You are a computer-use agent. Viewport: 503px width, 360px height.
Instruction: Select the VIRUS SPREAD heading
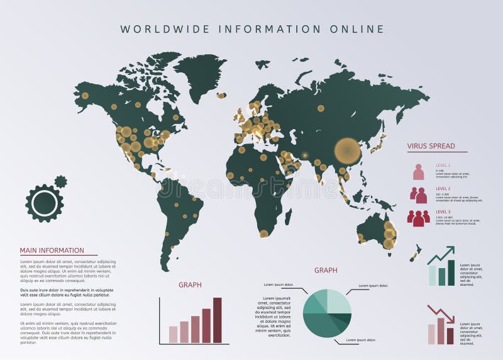tap(431, 146)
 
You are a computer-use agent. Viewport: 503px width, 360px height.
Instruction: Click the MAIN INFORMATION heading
tap(52, 250)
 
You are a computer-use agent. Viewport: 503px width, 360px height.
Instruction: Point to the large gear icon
tap(45, 203)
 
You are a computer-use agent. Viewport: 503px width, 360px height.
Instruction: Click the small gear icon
tap(60, 182)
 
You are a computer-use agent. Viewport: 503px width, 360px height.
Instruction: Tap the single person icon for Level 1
tap(419, 172)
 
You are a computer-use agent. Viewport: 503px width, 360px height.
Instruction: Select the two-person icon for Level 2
tap(419, 195)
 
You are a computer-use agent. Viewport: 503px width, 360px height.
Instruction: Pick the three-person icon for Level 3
tap(419, 218)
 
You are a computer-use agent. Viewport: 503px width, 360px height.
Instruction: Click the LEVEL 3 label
tap(443, 211)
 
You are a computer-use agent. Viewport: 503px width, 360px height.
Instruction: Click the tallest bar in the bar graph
tap(218, 320)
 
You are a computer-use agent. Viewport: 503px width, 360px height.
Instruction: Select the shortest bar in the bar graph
tap(173, 334)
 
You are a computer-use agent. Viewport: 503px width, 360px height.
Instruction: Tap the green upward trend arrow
tap(442, 255)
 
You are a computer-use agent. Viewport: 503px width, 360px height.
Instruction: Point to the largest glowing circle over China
tap(347, 151)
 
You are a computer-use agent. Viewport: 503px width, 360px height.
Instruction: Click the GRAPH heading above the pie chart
tap(326, 270)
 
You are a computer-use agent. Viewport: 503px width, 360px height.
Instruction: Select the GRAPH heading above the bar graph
tap(190, 284)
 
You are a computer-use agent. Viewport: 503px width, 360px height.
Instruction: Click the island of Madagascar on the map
tap(288, 217)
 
